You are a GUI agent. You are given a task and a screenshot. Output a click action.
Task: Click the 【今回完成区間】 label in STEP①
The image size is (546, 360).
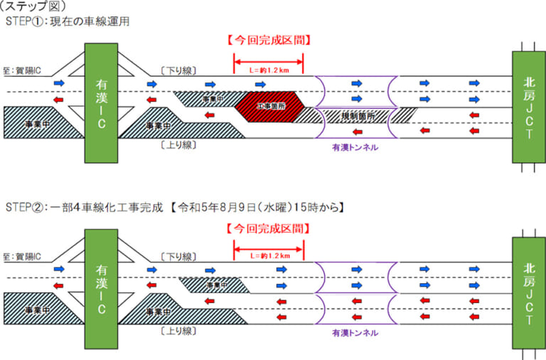(x=268, y=39)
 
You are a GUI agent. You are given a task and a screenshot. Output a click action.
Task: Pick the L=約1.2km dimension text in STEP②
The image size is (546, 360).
(x=268, y=255)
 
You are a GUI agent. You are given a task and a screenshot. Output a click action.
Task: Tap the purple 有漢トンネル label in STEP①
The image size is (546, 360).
(x=355, y=147)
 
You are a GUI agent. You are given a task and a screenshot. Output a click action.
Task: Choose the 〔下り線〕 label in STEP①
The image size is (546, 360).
(x=178, y=70)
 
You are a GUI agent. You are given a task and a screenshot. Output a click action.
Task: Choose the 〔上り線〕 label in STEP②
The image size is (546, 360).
(x=178, y=331)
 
